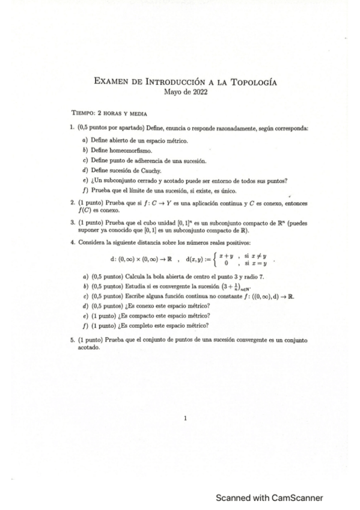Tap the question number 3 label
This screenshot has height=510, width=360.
72,223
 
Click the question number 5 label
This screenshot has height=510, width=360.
72,340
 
